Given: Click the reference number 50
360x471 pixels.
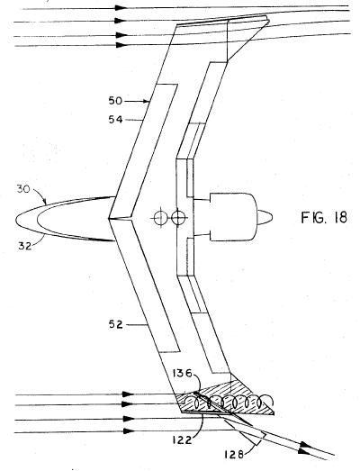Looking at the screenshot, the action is [x=115, y=101].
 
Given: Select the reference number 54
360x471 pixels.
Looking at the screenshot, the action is [x=115, y=120].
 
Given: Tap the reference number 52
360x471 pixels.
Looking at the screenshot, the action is [x=115, y=325].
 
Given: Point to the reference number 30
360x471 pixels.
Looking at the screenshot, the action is [x=23, y=190].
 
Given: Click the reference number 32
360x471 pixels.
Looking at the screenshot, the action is [x=25, y=247].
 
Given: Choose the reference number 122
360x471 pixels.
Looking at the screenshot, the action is [x=183, y=440].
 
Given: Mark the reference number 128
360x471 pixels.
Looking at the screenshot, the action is [x=233, y=455].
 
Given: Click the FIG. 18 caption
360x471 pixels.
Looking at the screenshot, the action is [x=324, y=217].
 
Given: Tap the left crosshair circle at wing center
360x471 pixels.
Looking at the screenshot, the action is [x=159, y=217].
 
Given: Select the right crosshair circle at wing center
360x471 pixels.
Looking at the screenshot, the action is [x=177, y=217].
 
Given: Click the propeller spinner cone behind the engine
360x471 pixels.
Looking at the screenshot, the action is [x=265, y=217].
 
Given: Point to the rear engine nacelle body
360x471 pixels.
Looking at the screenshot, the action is [x=233, y=217].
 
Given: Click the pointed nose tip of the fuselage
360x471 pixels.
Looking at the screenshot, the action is [x=15, y=220].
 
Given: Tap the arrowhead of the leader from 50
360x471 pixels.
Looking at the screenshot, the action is [x=146, y=101].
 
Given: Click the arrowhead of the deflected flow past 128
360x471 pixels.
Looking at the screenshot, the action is [x=304, y=450].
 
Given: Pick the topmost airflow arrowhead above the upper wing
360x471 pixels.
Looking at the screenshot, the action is [x=121, y=8].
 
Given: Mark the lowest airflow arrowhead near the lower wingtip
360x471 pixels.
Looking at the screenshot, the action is [x=129, y=431].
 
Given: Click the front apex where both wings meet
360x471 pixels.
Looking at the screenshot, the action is [x=109, y=218].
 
